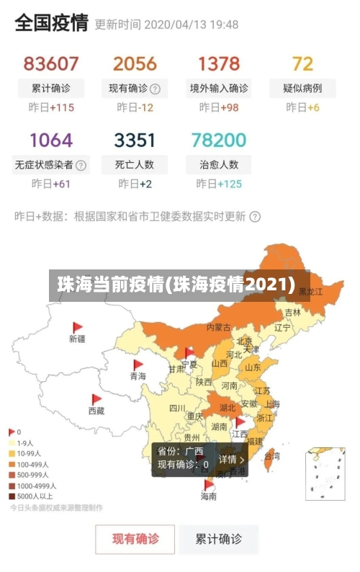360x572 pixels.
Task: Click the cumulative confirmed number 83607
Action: (51, 63)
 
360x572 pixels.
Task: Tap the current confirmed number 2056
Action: (135, 63)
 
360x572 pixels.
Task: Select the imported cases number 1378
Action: (219, 63)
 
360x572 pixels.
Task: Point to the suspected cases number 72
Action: (302, 63)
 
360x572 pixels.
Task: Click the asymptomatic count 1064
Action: (51, 140)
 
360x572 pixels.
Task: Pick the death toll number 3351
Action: (135, 140)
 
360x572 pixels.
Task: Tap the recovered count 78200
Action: (219, 140)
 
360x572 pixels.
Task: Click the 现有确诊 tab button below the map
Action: (135, 539)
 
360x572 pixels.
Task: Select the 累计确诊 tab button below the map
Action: (220, 539)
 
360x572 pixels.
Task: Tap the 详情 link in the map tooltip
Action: (232, 459)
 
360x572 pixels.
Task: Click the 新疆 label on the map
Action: (77, 338)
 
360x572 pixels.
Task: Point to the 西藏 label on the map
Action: (96, 411)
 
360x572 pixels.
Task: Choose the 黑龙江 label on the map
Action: (310, 292)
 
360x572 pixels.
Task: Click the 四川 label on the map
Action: (177, 408)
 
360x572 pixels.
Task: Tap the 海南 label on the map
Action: (208, 496)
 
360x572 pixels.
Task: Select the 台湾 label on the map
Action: (272, 455)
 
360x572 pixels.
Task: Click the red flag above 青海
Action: (138, 365)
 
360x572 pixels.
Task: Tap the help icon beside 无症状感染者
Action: (81, 165)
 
